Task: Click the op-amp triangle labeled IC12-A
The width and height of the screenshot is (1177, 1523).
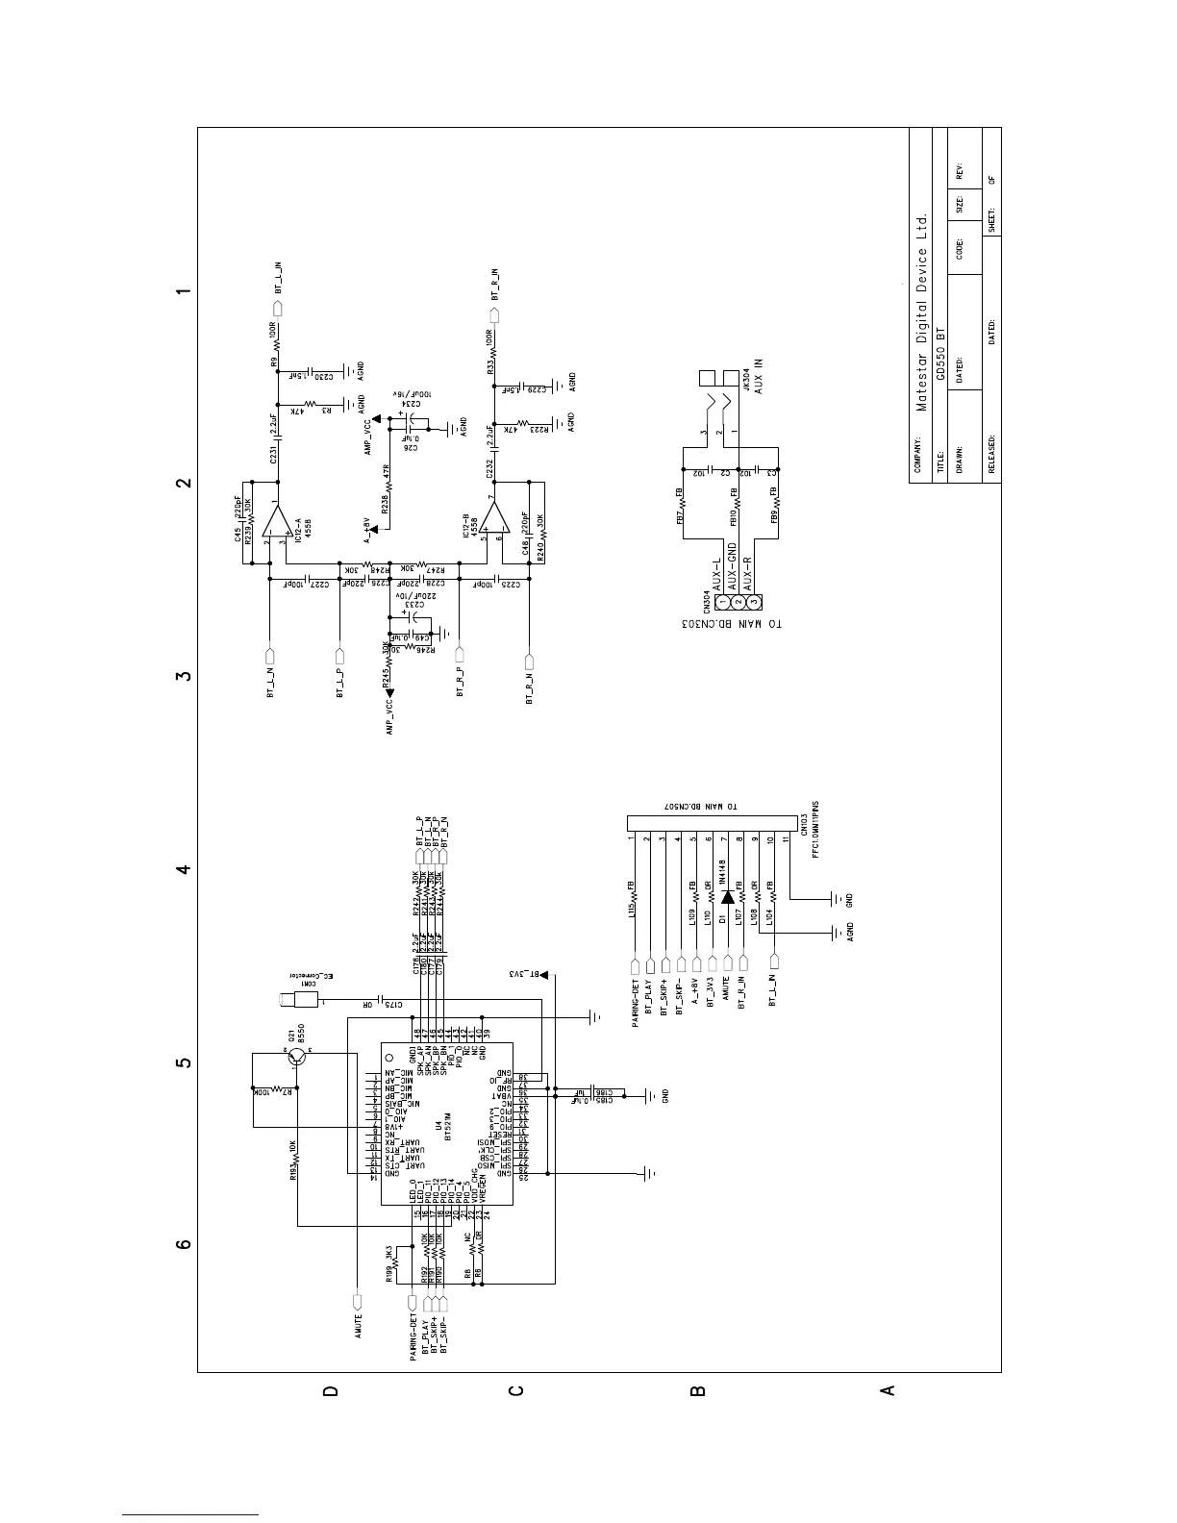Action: [x=279, y=522]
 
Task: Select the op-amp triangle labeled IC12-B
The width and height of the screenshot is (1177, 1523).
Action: [x=496, y=521]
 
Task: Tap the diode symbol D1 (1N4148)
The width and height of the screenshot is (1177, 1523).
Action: [x=728, y=896]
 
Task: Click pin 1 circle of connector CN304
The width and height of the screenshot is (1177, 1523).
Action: [x=721, y=602]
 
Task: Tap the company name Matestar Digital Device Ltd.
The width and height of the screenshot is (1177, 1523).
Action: [x=922, y=312]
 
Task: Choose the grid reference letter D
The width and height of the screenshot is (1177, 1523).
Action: [x=330, y=1391]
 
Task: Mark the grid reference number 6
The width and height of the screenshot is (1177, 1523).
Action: [x=183, y=1244]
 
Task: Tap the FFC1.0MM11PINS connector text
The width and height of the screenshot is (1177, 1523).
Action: [x=815, y=846]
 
